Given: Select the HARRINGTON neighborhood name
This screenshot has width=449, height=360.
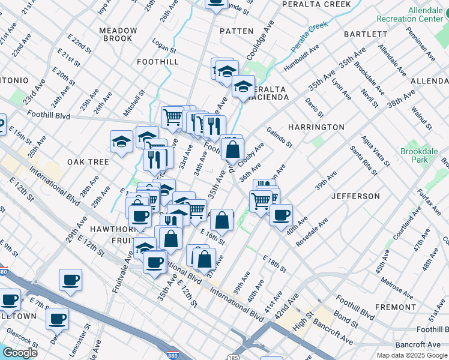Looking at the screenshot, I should [316, 127].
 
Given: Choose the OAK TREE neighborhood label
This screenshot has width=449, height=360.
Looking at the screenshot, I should [88, 162].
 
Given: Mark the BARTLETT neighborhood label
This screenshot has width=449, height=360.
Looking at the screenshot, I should [366, 34].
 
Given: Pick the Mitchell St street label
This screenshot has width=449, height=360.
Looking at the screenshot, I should [134, 103].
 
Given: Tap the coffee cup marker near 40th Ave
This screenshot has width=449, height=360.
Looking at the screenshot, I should [281, 215].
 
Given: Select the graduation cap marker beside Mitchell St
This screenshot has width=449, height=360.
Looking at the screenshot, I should [121, 142].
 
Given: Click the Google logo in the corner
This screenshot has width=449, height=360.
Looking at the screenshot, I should [20, 353].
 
